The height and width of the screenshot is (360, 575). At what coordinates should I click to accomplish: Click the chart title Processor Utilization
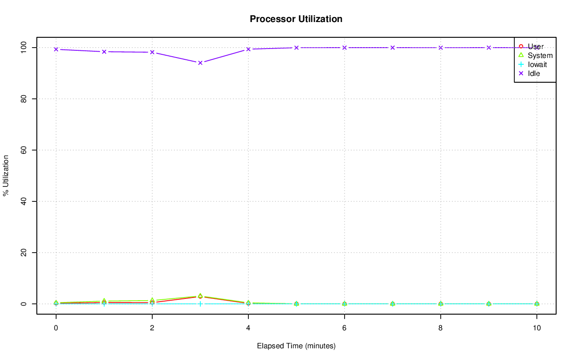pyautogui.click(x=296, y=19)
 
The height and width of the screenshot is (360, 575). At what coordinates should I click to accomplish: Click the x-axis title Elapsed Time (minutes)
pyautogui.click(x=296, y=346)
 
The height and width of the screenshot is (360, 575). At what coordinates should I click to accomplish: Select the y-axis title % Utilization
pyautogui.click(x=6, y=175)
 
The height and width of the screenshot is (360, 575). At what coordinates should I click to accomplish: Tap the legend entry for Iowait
pyautogui.click(x=537, y=64)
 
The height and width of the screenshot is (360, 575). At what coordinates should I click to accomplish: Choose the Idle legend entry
pyautogui.click(x=534, y=73)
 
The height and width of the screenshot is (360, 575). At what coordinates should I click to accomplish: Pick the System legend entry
pyautogui.click(x=540, y=55)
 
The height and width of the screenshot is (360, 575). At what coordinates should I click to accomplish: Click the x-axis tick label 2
pyautogui.click(x=152, y=328)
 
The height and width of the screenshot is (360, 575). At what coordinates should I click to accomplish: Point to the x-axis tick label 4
pyautogui.click(x=248, y=328)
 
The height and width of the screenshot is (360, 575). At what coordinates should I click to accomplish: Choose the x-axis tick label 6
pyautogui.click(x=344, y=328)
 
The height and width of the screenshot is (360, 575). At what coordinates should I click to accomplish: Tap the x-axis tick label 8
pyautogui.click(x=440, y=328)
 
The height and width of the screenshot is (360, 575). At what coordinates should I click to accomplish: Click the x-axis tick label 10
pyautogui.click(x=536, y=328)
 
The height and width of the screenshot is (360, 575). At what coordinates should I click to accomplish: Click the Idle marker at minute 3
pyautogui.click(x=200, y=62)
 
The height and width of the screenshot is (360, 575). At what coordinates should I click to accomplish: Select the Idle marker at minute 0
pyautogui.click(x=56, y=49)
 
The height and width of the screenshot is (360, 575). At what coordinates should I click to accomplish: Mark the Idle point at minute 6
pyautogui.click(x=345, y=48)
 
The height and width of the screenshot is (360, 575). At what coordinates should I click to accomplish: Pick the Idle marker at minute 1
pyautogui.click(x=104, y=52)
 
